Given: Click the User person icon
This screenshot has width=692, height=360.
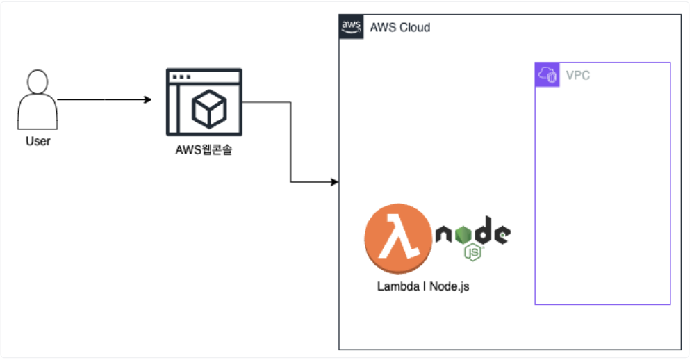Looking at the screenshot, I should pyautogui.click(x=38, y=100).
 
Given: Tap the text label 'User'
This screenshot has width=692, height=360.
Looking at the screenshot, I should pyautogui.click(x=38, y=142).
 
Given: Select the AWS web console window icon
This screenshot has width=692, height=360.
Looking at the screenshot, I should pyautogui.click(x=204, y=102).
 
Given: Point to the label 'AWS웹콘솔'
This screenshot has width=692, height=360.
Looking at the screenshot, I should pyautogui.click(x=204, y=147).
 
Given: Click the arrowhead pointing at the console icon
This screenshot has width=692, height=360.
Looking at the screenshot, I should pyautogui.click(x=147, y=100).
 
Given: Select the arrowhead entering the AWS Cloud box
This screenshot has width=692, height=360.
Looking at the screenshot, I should pyautogui.click(x=334, y=182).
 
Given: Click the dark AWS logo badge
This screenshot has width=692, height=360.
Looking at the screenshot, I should pyautogui.click(x=351, y=26).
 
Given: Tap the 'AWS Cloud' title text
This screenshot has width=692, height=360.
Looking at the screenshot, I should pyautogui.click(x=399, y=28).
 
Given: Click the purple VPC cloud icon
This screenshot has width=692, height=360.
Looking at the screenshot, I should pyautogui.click(x=547, y=74).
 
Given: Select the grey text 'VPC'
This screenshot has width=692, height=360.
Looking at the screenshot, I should pyautogui.click(x=578, y=75).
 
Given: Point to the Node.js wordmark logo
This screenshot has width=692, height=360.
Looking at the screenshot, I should pyautogui.click(x=473, y=235).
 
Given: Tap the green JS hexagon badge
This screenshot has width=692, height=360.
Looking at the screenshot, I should pyautogui.click(x=474, y=251).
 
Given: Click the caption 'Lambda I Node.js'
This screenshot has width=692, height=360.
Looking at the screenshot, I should pyautogui.click(x=423, y=286).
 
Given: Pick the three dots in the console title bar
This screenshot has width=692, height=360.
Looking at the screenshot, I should pyautogui.click(x=181, y=76).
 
